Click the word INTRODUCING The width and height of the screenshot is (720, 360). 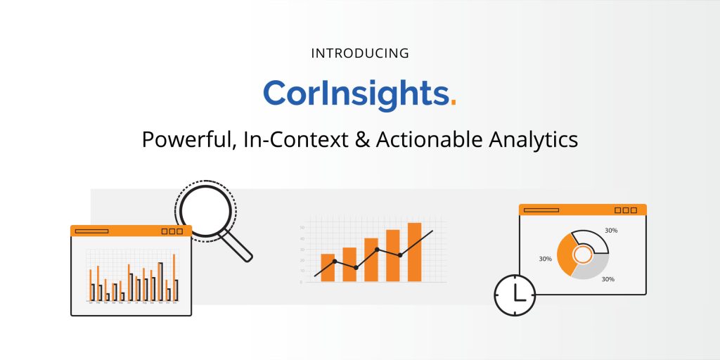360,53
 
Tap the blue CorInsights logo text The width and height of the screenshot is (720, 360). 355,94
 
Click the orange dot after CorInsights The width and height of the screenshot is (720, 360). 454,103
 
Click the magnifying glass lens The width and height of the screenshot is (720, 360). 205,210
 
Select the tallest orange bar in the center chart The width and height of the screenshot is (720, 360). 414,252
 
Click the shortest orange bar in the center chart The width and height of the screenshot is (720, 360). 328,267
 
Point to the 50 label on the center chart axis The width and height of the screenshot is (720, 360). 302,228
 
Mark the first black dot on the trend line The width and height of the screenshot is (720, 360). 335,262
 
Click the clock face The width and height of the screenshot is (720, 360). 515,295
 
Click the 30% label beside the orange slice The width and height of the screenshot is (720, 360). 545,259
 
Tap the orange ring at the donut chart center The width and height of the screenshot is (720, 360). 582,254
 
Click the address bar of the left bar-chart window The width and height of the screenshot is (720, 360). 91,231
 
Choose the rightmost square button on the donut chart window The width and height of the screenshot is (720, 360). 634,210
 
